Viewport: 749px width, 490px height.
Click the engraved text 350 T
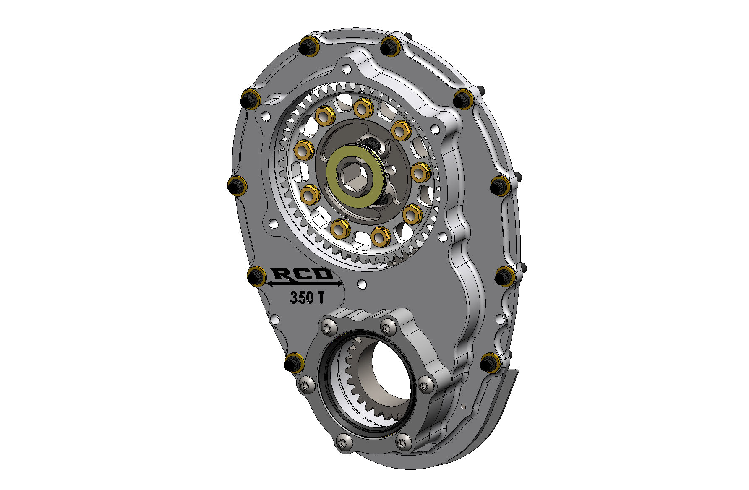click(x=307, y=297)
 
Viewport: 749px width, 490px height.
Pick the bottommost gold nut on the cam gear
click(x=381, y=237)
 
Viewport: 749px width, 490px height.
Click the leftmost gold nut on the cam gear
click(x=303, y=150)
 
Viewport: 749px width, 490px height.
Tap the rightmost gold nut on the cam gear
click(x=419, y=172)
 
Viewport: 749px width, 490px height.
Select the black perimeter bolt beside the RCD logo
click(x=256, y=276)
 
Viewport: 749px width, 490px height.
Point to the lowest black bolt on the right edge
click(x=489, y=362)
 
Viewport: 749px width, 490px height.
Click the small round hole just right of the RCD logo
click(x=362, y=284)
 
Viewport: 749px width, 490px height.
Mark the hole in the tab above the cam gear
click(x=346, y=68)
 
